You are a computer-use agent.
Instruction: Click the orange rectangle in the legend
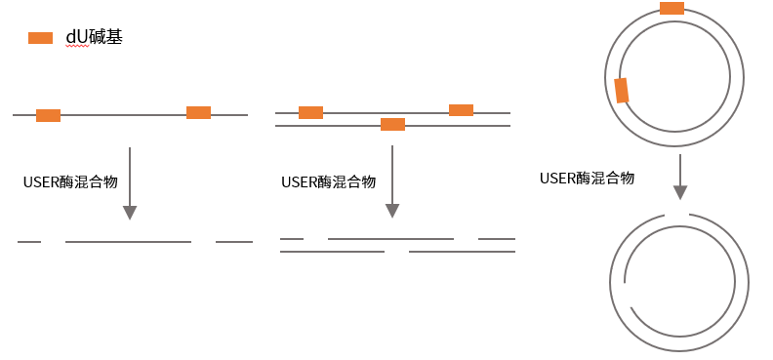[40, 38]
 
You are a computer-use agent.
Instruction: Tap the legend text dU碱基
[94, 38]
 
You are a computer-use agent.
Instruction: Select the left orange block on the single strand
[48, 115]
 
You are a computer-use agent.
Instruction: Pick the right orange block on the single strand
[198, 112]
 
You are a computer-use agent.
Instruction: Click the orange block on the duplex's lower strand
[392, 124]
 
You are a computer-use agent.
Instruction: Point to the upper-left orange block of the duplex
[310, 112]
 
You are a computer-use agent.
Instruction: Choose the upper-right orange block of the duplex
[461, 110]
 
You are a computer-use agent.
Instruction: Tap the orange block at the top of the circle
[671, 9]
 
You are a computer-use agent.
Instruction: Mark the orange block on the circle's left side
[622, 91]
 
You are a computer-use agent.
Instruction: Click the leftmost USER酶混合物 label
[70, 181]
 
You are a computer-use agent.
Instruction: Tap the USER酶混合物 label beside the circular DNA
[587, 178]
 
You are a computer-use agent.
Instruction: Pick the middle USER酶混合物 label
[328, 181]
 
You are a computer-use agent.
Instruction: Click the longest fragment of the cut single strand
[128, 241]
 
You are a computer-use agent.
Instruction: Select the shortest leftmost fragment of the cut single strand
[29, 241]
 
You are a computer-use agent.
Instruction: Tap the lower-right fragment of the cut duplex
[462, 252]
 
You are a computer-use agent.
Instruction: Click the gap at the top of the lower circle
[677, 215]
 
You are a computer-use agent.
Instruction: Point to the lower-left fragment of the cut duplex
[332, 252]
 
